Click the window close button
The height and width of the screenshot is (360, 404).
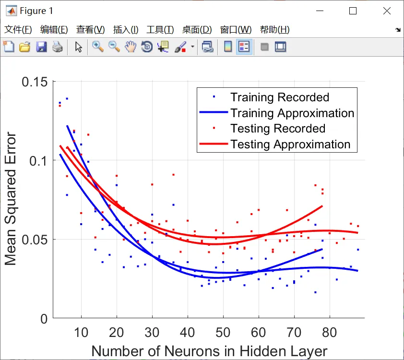pos(386,11)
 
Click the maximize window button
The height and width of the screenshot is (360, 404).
pos(353,11)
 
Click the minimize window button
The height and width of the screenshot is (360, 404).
pos(319,11)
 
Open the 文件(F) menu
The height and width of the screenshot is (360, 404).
pos(18,30)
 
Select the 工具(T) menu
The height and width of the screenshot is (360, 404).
pos(160,30)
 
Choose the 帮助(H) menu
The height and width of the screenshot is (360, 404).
pos(274,30)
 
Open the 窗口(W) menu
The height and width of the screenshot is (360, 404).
pos(236,30)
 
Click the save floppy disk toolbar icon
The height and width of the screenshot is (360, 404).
pos(41,47)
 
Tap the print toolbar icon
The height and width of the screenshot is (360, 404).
pos(58,47)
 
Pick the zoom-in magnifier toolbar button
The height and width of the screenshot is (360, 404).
pos(98,47)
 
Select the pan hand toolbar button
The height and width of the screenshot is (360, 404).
pos(130,47)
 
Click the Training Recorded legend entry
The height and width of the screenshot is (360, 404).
pos(279,97)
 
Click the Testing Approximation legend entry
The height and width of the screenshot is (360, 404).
pos(290,144)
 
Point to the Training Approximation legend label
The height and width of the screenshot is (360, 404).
pos(292,113)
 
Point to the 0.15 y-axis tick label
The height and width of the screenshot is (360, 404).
pos(35,81)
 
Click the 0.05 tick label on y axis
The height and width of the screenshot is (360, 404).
pos(35,239)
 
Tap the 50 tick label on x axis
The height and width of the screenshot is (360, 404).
pos(223,332)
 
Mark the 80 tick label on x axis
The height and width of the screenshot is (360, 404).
pos(329,332)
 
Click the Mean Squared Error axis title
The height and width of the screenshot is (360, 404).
pos(11,199)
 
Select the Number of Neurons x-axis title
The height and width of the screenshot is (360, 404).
pos(209,350)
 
